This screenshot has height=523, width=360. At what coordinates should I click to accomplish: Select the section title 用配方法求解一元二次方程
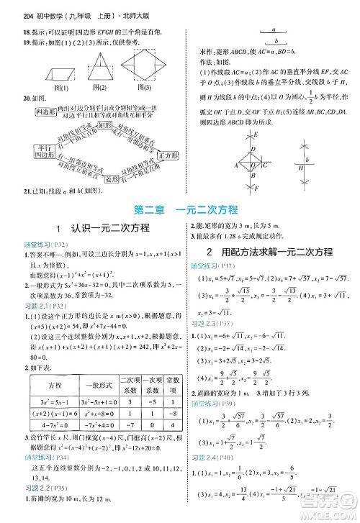point(269,252)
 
